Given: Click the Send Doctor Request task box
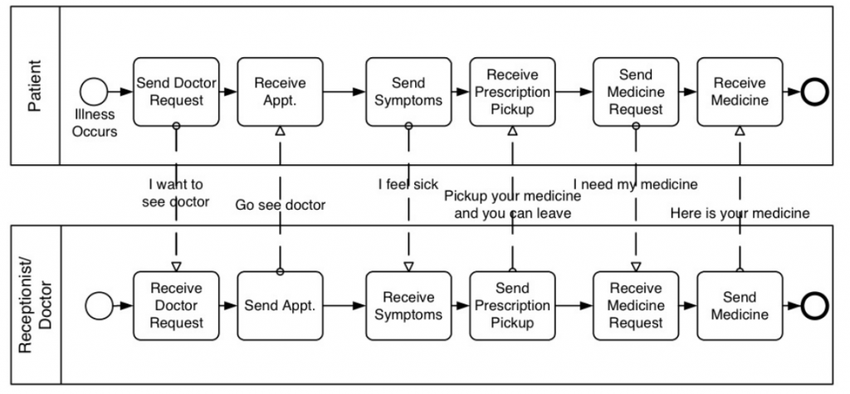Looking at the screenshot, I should [x=176, y=91].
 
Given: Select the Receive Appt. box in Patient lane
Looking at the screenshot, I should [x=280, y=91].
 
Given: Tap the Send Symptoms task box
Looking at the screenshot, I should [x=408, y=91].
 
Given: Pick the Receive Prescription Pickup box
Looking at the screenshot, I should [x=512, y=91].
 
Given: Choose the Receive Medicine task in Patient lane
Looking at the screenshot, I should [x=740, y=91].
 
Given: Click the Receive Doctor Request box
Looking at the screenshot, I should [x=176, y=305].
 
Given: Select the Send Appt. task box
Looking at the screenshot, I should [x=280, y=305].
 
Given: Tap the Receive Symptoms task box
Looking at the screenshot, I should [x=408, y=305].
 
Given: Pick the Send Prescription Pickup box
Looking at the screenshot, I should [x=512, y=305].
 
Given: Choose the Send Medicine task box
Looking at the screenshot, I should [x=740, y=305].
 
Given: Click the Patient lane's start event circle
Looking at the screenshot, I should [x=93, y=91].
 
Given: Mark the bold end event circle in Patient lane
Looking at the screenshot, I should [x=815, y=91].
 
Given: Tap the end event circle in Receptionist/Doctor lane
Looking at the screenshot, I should [x=815, y=305].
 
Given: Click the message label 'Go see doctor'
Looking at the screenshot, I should [x=281, y=205].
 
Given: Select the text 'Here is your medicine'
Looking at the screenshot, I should [x=740, y=214].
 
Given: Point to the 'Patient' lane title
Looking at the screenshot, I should [x=34, y=85].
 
